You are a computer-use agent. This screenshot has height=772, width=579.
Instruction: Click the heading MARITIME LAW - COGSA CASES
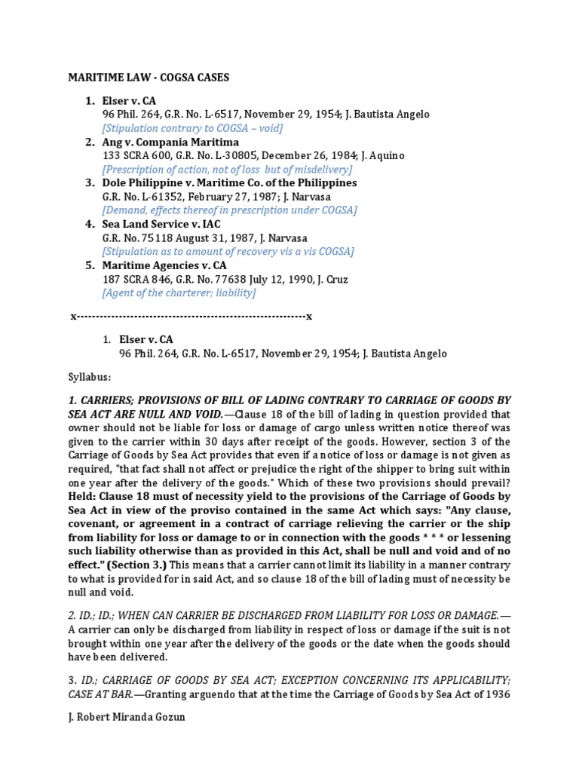point(149,78)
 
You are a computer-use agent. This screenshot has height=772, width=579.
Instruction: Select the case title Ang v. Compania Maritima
point(170,142)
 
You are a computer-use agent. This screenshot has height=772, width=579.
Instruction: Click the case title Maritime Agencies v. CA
point(164,265)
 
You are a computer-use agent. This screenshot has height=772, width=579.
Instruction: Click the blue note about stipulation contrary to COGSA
point(192,128)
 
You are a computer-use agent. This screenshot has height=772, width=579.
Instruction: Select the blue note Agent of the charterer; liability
point(179,293)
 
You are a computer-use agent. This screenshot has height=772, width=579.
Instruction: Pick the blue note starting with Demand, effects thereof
point(229,210)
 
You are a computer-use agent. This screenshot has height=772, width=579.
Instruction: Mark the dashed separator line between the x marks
point(191,316)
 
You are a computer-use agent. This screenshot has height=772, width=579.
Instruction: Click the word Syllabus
point(90,377)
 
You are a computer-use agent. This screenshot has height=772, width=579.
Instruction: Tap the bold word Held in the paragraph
point(85,496)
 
